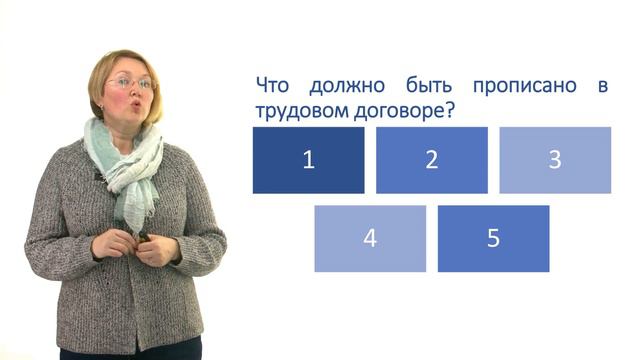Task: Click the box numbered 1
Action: pyautogui.click(x=308, y=160)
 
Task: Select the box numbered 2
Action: pyautogui.click(x=432, y=160)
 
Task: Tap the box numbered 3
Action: pyautogui.click(x=555, y=160)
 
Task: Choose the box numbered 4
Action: pyautogui.click(x=370, y=238)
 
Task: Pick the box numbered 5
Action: pyautogui.click(x=493, y=238)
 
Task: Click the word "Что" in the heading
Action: pyautogui.click(x=274, y=85)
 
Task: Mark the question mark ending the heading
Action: pyautogui.click(x=449, y=111)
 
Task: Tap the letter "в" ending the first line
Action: pyautogui.click(x=603, y=86)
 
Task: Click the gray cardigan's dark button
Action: pyautogui.click(x=100, y=177)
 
